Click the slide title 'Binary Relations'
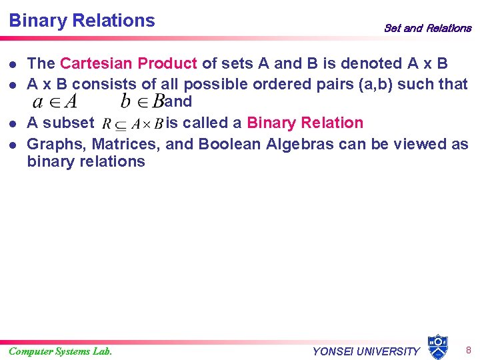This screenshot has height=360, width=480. point(81,21)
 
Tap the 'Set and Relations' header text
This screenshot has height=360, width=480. point(427,28)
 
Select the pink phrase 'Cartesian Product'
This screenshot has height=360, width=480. point(128,64)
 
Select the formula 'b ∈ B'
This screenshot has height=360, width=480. point(141,102)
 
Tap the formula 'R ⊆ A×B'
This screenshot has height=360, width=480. point(133,124)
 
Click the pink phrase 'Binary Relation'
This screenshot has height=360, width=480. point(305,123)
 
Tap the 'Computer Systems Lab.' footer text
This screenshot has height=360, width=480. point(61,351)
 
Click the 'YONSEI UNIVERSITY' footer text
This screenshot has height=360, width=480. point(366,351)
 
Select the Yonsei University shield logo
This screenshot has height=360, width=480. point(437,347)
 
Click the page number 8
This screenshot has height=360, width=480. point(469,350)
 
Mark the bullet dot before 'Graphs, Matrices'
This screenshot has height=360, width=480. point(13,145)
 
